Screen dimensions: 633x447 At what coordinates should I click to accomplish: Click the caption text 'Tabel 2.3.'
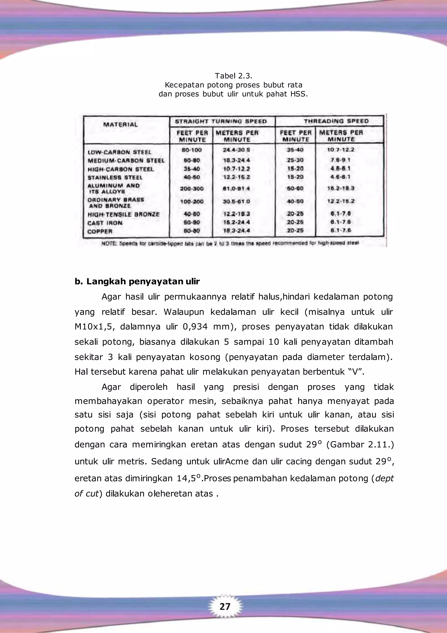(233, 76)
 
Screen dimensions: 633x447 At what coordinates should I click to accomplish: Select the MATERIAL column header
(120, 125)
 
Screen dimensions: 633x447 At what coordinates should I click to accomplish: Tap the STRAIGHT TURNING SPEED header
(221, 122)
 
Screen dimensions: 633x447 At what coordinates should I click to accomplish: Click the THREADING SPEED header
(336, 121)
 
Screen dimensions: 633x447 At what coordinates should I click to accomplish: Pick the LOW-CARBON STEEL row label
(119, 152)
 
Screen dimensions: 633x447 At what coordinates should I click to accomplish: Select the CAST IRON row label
(105, 223)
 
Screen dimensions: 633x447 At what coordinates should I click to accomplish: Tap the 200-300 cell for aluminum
(192, 189)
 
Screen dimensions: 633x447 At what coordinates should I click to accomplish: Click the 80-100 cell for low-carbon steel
(192, 150)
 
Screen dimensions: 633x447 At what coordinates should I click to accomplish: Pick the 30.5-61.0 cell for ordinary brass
(237, 201)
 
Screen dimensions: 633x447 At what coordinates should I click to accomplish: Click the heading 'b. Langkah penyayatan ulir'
(137, 282)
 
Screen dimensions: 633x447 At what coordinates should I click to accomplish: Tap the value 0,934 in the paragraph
(195, 327)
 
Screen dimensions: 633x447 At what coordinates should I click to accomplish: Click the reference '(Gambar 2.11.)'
(360, 445)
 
